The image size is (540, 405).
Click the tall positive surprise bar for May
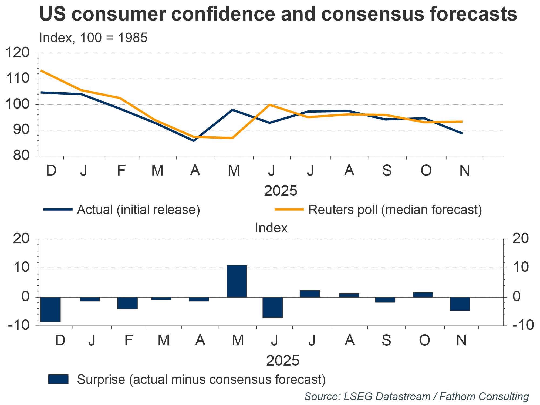pos(237,281)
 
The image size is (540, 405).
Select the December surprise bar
pos(50,309)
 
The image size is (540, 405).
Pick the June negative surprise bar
pos(273,307)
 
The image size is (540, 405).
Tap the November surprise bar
pos(460,304)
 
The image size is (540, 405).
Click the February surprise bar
pos(127,303)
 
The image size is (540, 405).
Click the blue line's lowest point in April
pos(194,141)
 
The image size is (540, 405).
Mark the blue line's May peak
pos(232,110)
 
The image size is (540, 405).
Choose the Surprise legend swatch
pos(58,379)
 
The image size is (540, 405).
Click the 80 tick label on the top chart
pos(21,156)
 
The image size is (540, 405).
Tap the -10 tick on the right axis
pos(523,326)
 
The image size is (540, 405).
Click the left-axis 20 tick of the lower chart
pos(21,239)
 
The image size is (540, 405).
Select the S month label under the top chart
pos(387,171)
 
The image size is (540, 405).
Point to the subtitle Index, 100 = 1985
pos(93,38)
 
